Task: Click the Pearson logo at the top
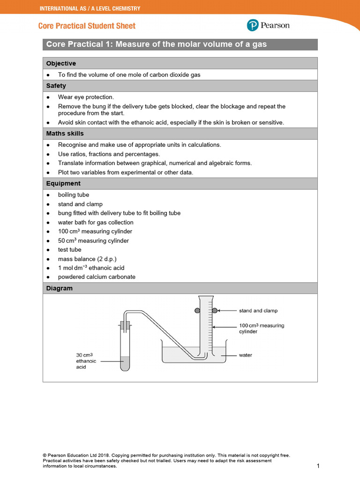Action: tap(268, 25)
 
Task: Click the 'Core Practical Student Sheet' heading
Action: tap(87, 26)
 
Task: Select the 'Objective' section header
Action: tap(61, 63)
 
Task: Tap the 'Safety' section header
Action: tap(56, 86)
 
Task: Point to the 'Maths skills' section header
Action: tap(65, 134)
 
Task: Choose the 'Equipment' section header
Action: tap(63, 183)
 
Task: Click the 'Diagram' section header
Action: tap(60, 288)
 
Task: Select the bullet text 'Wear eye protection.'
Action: tap(86, 97)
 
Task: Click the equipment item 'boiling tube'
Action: tap(74, 195)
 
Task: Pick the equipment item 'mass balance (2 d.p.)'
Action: tap(87, 259)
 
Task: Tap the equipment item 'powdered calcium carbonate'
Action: tap(97, 277)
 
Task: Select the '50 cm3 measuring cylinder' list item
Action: tap(93, 240)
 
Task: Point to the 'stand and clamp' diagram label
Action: tap(258, 311)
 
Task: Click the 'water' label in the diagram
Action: tap(246, 355)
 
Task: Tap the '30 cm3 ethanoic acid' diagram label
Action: tap(86, 361)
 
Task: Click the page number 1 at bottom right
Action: tap(318, 466)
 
